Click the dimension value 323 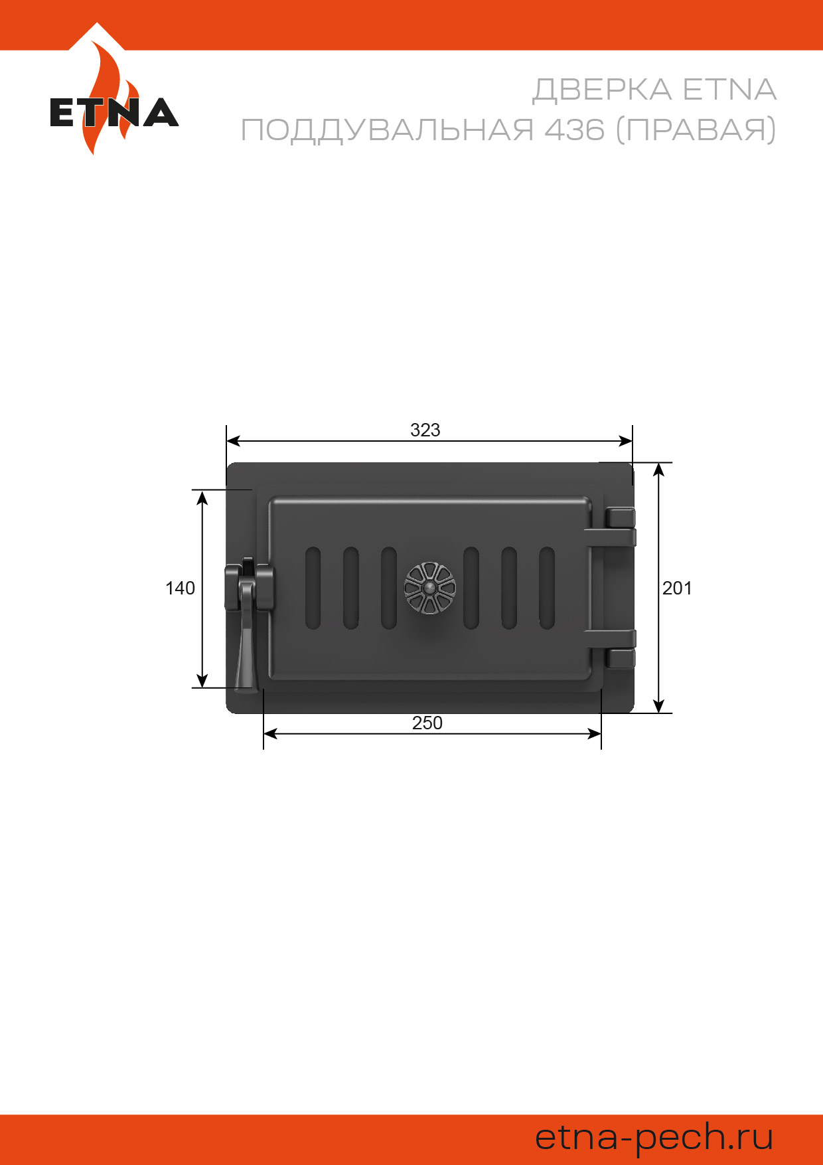coord(425,430)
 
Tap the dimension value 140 coord(180,588)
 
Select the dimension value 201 coord(677,588)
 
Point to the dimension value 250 coord(427,723)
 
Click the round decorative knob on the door coord(430,588)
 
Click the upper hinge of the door coord(611,527)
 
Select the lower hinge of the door coord(611,648)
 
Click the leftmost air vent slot coord(313,588)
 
